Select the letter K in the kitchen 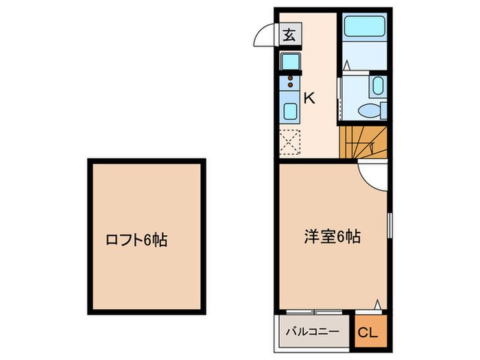click(309, 98)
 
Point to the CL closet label click(368, 333)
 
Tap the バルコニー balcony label click(313, 333)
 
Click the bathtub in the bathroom click(363, 28)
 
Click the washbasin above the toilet click(378, 86)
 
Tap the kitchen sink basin click(289, 110)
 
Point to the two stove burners click(289, 82)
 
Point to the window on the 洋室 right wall click(389, 226)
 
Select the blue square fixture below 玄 click(289, 60)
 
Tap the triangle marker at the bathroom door click(347, 67)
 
